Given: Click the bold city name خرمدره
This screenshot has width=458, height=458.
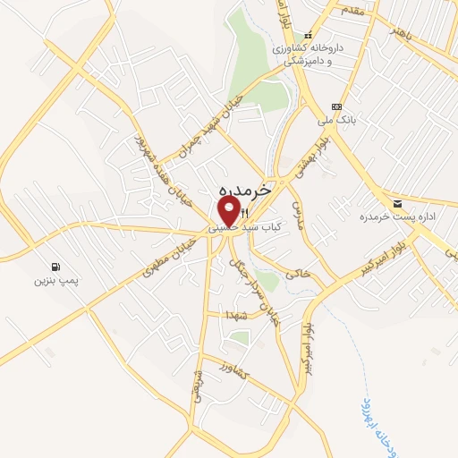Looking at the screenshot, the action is (x=242, y=192).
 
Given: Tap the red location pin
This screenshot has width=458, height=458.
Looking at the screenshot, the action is (x=230, y=212).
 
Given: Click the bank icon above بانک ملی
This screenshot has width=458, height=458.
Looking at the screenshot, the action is (x=336, y=105).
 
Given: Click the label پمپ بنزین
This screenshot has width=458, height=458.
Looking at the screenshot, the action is (x=57, y=281).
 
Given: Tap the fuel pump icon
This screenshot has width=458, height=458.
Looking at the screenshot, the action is (x=57, y=267).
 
